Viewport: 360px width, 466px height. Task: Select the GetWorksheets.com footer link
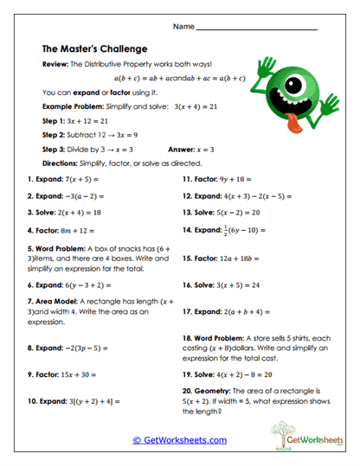tap(179, 440)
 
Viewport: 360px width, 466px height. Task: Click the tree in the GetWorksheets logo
tap(285, 430)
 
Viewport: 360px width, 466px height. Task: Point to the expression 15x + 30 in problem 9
tap(81, 376)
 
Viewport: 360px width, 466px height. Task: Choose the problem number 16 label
tap(188, 284)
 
